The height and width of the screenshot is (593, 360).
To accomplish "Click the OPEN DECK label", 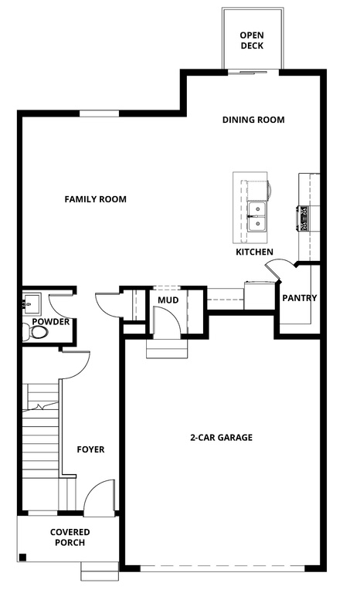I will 251,40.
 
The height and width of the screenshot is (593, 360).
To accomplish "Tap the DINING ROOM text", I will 253,120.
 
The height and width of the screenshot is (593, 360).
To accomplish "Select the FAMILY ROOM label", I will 95,199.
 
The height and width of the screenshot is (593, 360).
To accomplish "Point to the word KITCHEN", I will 254,252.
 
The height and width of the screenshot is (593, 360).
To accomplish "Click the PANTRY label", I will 299,298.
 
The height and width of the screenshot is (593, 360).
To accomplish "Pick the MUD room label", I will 168,300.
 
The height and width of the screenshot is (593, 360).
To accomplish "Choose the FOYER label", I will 90,449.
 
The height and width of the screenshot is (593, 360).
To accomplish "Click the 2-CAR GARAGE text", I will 221,438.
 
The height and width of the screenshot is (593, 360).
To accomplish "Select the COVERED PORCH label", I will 70,537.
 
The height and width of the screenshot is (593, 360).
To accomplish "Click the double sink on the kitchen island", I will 257,217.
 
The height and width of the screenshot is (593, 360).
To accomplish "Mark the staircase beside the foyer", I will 39,444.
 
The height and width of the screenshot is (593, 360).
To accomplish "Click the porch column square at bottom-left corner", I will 22,557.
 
